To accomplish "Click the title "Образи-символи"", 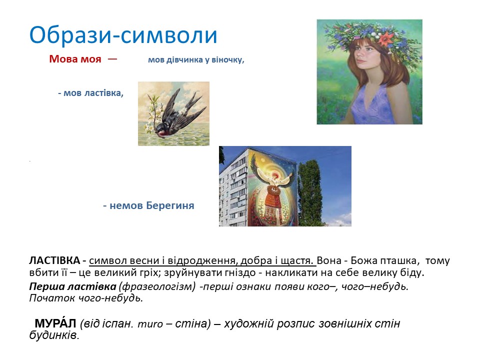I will click(123, 35).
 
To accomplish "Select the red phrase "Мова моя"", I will click(75, 59).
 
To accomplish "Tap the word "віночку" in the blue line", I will click(226, 60).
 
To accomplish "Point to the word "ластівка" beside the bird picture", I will click(104, 93).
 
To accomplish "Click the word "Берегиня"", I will click(170, 205).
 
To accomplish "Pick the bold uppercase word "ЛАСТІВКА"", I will click(54, 260).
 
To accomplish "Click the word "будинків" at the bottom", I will click(53, 335).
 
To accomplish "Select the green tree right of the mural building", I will click(312, 190).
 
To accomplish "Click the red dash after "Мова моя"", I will click(112, 58).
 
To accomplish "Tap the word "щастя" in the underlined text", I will click(299, 260).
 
